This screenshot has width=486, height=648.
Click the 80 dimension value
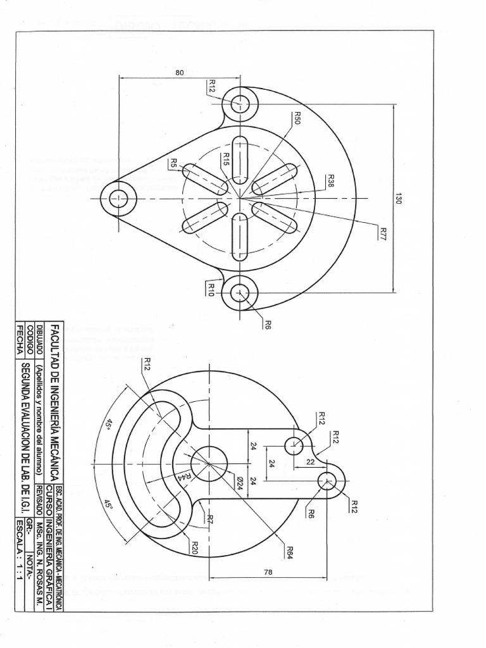(x=180, y=72)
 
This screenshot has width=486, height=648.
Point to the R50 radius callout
(x=296, y=118)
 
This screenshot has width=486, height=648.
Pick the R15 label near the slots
(x=227, y=159)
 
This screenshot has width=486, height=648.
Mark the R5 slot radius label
(x=173, y=163)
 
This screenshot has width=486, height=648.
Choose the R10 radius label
(x=211, y=290)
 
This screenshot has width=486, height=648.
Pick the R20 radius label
(x=195, y=548)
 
